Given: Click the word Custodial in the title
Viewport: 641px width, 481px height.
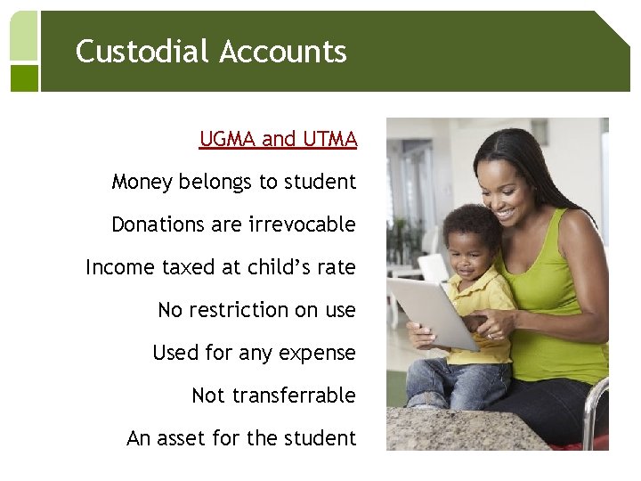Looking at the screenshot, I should click(x=142, y=52).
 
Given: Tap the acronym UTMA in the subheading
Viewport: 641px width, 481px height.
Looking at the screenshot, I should click(x=329, y=139).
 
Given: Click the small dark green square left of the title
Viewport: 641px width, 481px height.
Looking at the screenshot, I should click(x=24, y=78).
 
